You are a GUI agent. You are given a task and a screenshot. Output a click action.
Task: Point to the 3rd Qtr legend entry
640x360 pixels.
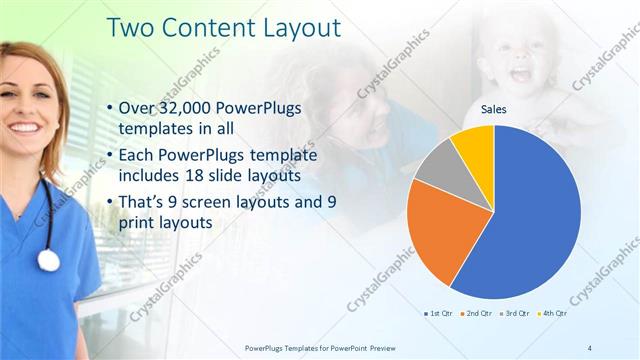coord(516,314)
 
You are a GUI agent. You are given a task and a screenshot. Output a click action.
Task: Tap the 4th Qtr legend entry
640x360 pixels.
coord(554,314)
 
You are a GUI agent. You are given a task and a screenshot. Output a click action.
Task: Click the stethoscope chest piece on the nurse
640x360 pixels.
coord(48,260)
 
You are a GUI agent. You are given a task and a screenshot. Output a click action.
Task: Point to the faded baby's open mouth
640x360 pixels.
coord(520,73)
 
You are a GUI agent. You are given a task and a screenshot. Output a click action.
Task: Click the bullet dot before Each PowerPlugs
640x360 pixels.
coord(108,157)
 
